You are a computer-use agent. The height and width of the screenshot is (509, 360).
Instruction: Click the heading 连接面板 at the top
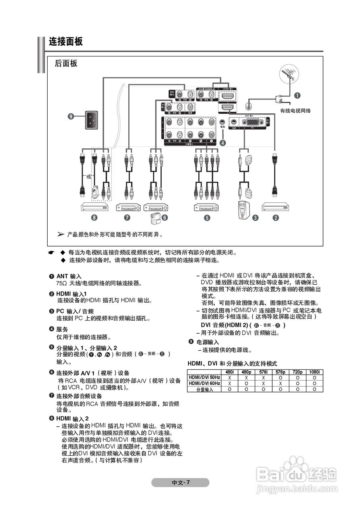click(66, 42)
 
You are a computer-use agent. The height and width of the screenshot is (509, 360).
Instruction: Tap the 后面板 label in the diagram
click(66, 63)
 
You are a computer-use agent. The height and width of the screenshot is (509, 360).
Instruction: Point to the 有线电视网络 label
click(295, 111)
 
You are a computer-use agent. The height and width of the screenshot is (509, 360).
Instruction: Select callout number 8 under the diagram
click(94, 218)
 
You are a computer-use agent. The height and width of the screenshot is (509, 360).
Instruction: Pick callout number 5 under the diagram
click(207, 218)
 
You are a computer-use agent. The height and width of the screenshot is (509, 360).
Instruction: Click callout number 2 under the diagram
click(275, 218)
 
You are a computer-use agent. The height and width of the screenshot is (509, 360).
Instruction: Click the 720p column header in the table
click(297, 372)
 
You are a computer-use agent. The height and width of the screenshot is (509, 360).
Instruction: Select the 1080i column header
click(314, 372)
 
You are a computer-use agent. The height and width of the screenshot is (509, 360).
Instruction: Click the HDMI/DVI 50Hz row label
click(204, 377)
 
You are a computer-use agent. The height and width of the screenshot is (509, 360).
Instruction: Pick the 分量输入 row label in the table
click(204, 389)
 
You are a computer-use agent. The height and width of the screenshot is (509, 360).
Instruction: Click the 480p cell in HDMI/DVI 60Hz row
click(246, 383)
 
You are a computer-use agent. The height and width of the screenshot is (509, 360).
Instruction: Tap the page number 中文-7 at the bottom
click(180, 483)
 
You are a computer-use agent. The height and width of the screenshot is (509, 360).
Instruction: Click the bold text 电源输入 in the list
click(208, 342)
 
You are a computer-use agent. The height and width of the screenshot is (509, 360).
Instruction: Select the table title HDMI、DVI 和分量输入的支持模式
click(232, 363)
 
